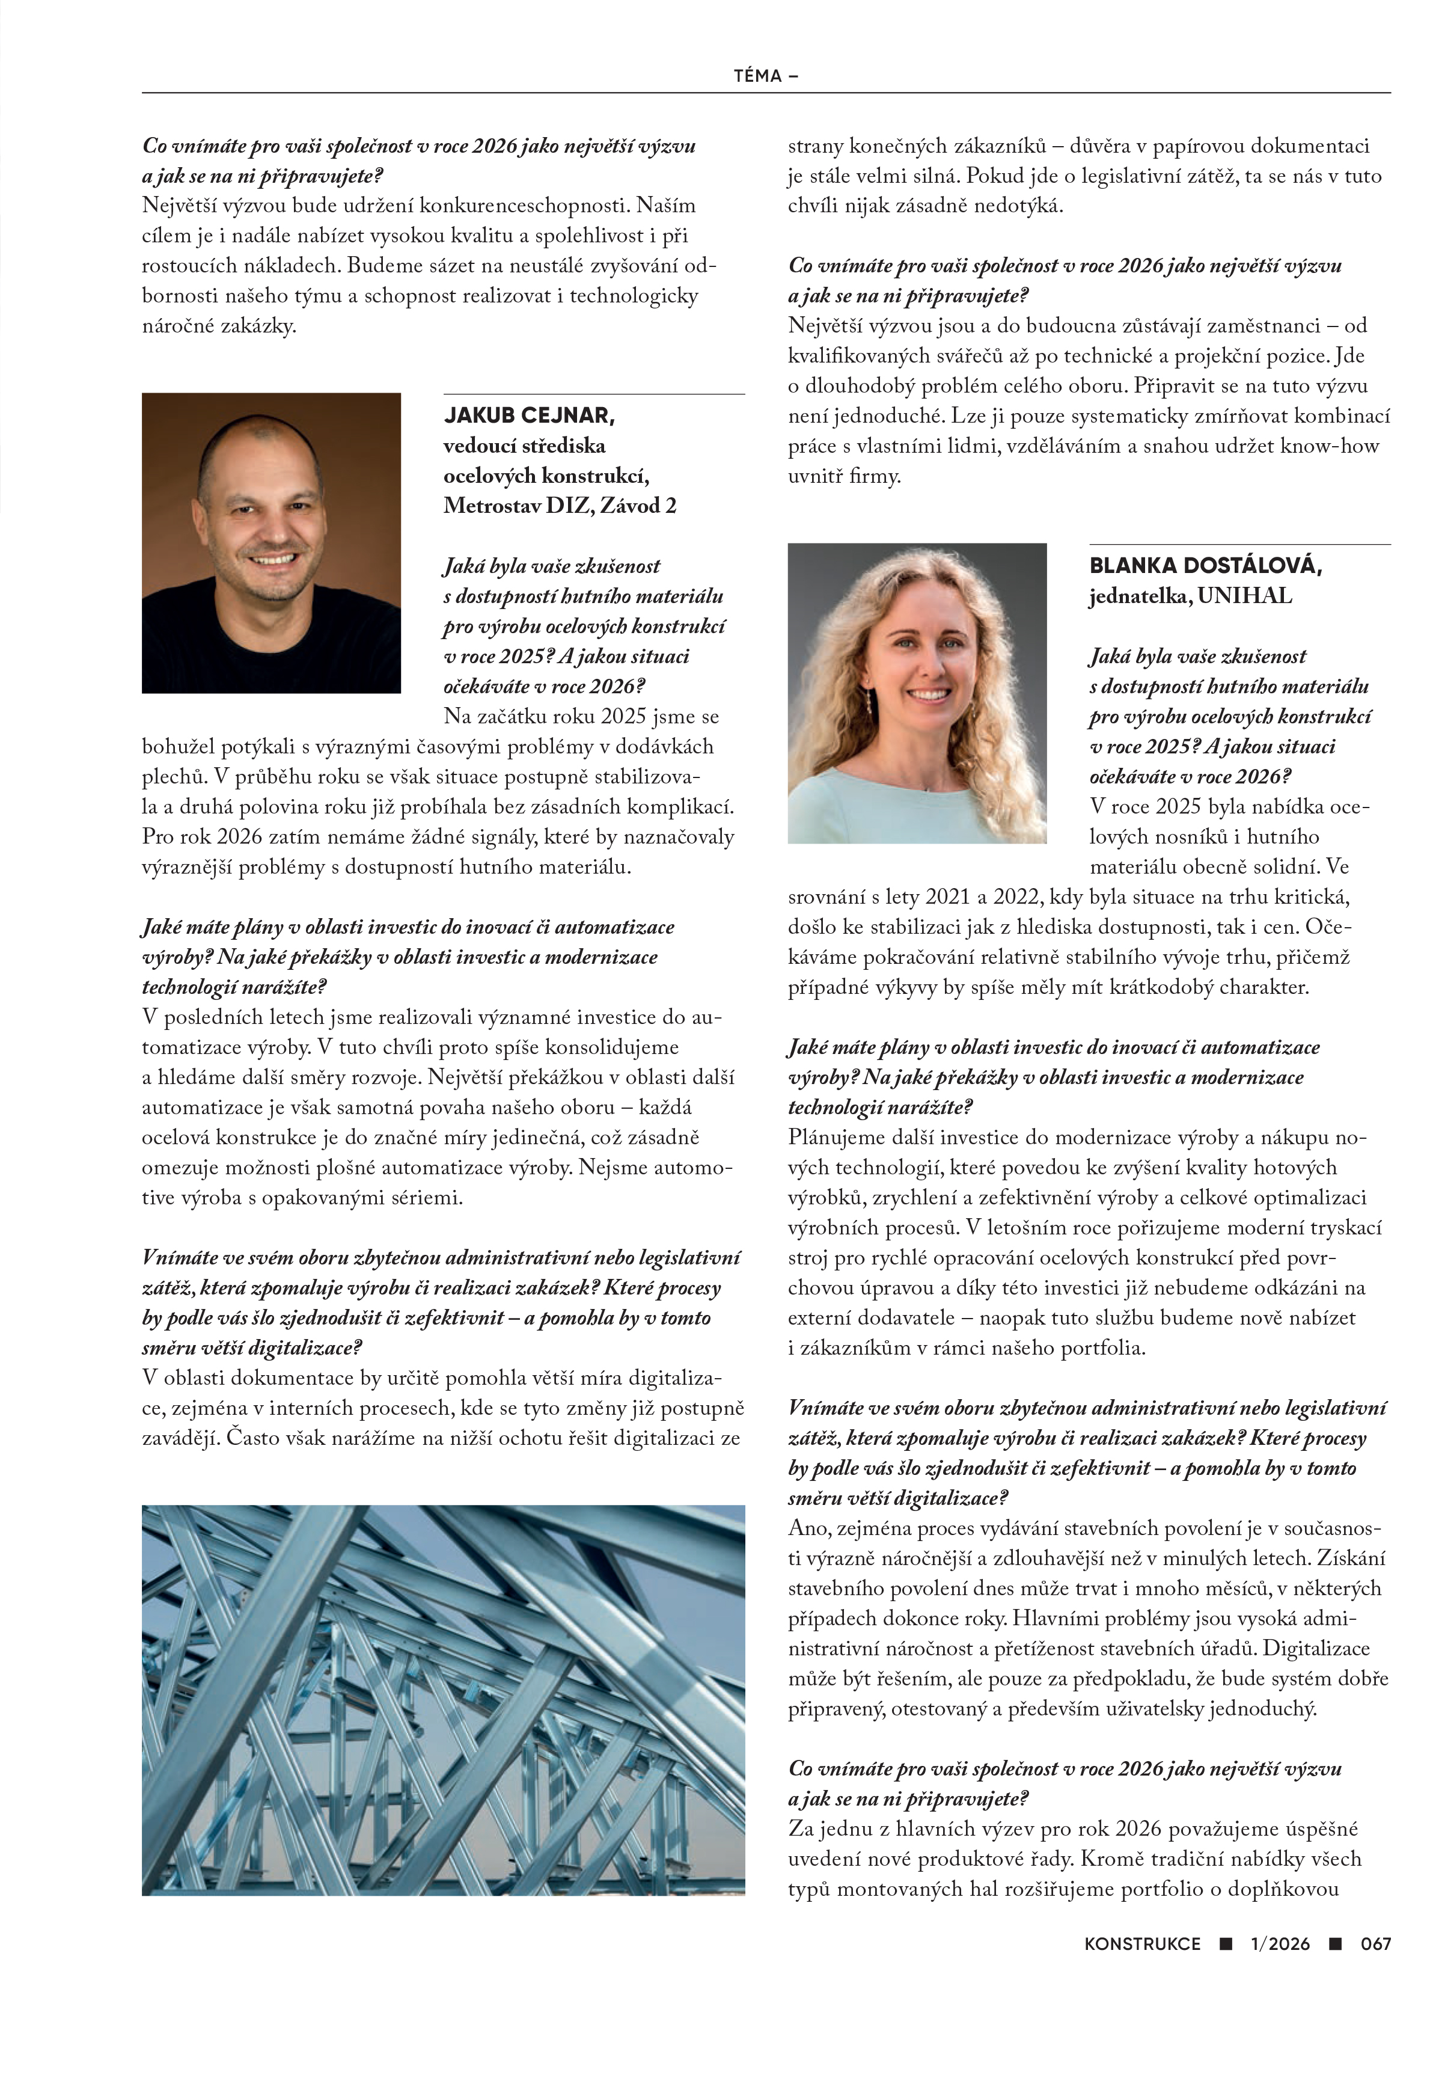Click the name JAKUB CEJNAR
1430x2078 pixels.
[528, 415]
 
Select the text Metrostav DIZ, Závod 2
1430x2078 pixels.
[560, 506]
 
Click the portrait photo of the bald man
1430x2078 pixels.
[270, 542]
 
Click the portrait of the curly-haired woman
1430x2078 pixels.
[917, 693]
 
